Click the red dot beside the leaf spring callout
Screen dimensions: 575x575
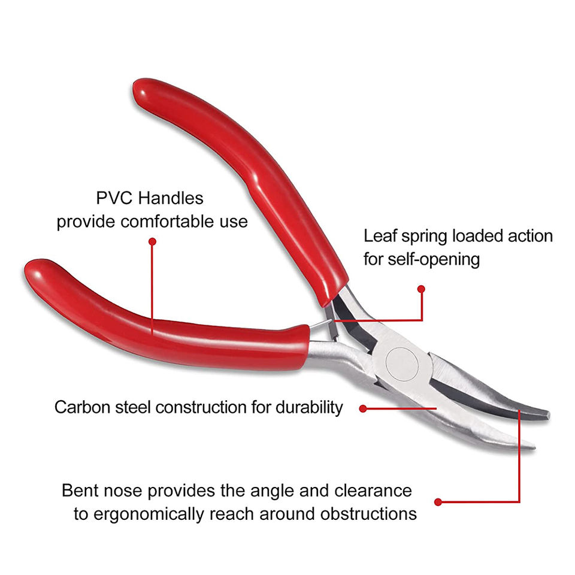coord(421,289)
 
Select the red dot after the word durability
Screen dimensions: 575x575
coord(363,408)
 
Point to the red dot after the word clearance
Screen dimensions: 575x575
coord(438,501)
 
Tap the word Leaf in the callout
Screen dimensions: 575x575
coord(377,235)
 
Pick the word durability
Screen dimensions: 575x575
coord(309,408)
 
